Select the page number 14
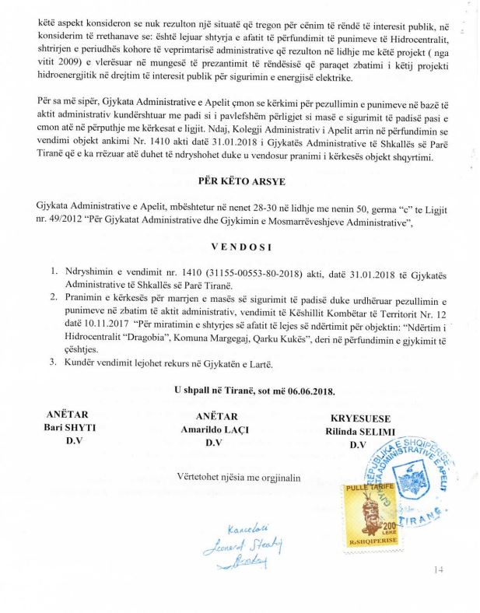point(440,571)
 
